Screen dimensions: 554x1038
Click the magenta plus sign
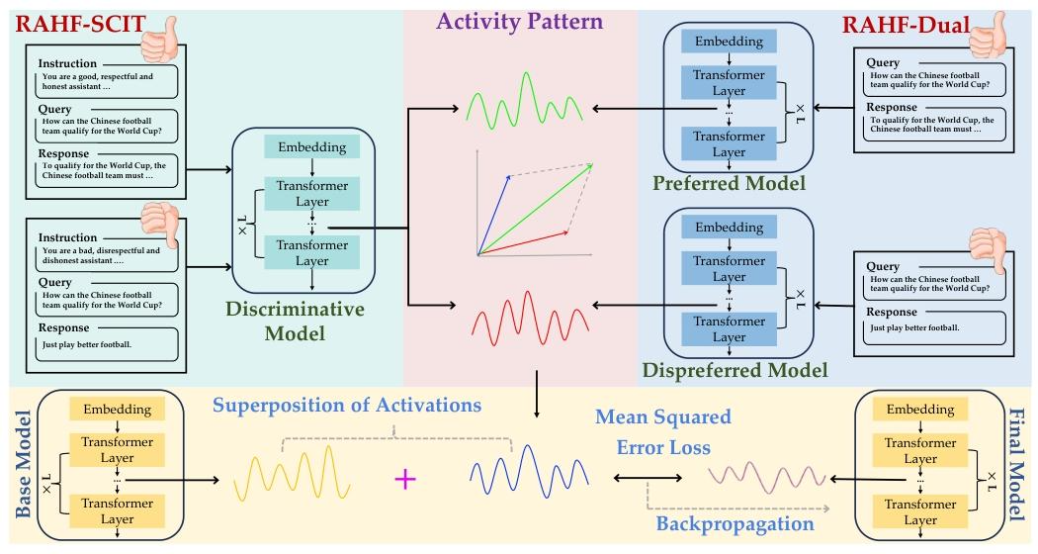pos(403,480)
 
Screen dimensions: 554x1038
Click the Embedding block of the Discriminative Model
pos(311,147)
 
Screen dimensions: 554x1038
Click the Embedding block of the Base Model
pos(118,409)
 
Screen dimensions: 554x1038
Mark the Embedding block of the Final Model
pos(919,409)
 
